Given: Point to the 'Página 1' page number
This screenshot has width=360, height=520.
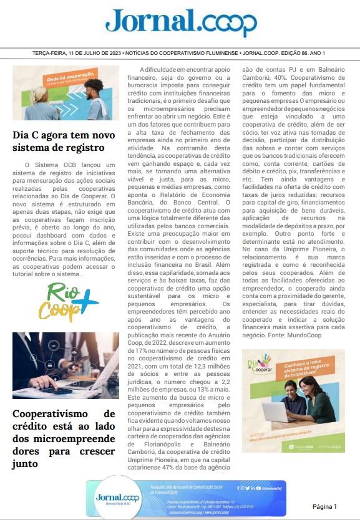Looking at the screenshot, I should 324,506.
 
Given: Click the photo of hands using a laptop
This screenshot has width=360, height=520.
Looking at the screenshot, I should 66,365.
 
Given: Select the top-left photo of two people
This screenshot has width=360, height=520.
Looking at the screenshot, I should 65,93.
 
